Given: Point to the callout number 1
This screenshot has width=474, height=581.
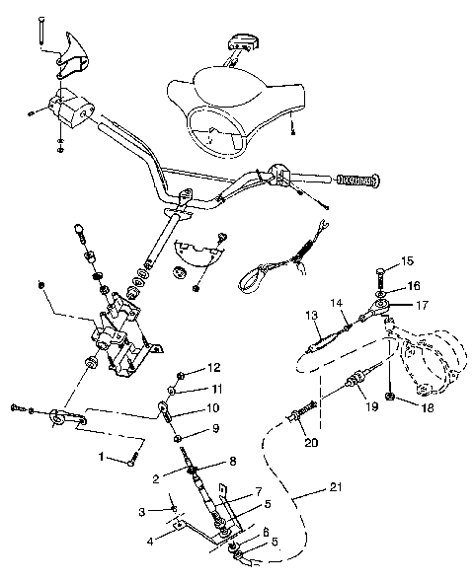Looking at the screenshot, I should pos(101,458).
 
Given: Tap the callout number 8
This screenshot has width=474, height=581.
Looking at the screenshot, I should pos(232,461).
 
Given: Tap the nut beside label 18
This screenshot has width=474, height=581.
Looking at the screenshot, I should pos(393,397).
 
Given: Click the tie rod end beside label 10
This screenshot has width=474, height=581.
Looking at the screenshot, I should pos(163,406).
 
